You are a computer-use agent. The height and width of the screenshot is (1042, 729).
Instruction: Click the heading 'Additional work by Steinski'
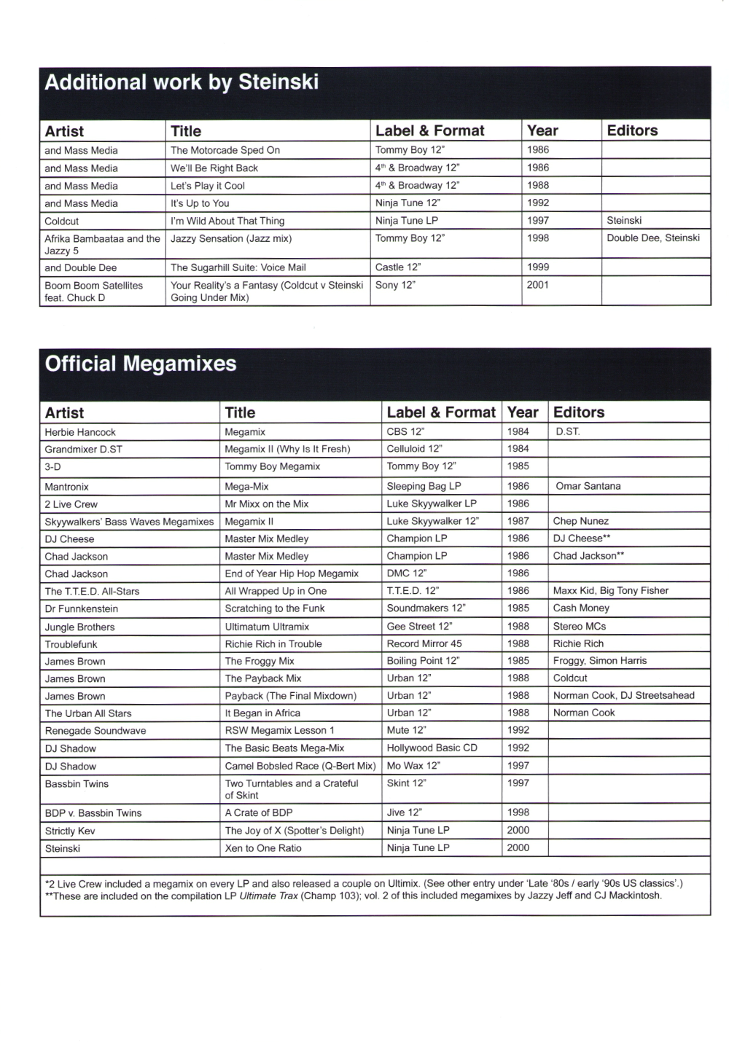(182, 82)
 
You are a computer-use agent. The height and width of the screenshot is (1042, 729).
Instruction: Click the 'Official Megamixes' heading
(141, 364)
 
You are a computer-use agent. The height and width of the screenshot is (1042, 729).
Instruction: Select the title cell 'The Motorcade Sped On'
(225, 150)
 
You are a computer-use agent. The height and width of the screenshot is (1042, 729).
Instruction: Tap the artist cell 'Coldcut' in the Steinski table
(62, 221)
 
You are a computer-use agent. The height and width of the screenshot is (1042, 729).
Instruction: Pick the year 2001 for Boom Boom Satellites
(538, 285)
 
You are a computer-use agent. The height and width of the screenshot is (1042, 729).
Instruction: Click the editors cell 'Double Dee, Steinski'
(653, 238)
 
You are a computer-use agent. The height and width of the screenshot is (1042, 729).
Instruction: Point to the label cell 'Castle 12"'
(398, 267)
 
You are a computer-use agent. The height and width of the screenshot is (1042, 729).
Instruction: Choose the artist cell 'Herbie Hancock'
(80, 432)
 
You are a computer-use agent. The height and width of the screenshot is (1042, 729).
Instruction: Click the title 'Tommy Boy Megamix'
(273, 466)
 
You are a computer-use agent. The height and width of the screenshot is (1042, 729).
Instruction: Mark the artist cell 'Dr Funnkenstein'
(82, 608)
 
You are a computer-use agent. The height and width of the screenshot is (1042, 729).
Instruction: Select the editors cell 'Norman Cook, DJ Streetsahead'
(624, 695)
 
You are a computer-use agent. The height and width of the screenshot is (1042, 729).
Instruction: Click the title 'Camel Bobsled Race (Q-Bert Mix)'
(300, 766)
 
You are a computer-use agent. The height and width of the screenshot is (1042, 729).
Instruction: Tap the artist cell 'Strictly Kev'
(70, 831)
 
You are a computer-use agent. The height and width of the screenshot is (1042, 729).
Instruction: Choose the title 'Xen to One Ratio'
(263, 848)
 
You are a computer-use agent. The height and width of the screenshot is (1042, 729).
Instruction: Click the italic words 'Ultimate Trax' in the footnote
(268, 896)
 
